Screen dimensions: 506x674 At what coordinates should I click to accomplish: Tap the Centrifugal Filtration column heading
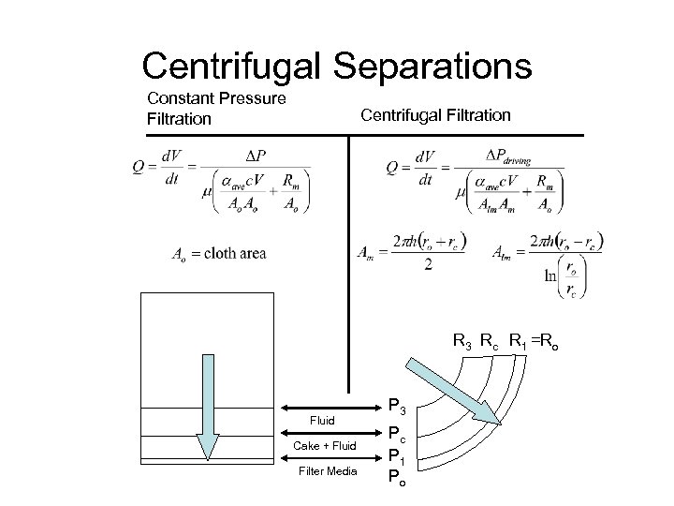(435, 115)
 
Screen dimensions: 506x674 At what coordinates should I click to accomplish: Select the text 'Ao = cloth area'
(218, 253)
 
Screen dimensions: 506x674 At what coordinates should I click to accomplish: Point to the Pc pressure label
(397, 434)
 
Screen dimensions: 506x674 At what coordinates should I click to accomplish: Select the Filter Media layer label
(327, 470)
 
